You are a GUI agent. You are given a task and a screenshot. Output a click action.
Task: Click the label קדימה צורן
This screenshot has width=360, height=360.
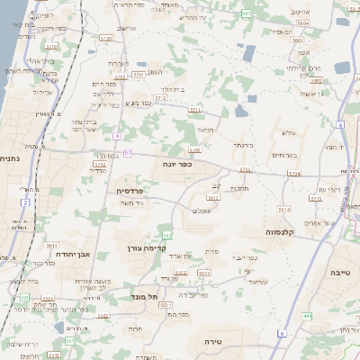148,247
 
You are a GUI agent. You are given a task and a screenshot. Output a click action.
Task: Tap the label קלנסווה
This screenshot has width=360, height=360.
282,231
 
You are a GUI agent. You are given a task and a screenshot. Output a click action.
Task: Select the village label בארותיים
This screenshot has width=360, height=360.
287,155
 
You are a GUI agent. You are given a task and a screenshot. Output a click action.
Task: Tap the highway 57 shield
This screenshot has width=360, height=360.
128,154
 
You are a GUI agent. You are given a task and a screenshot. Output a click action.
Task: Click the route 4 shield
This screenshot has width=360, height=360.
117,135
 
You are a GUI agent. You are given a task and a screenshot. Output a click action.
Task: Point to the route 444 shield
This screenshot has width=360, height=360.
307,316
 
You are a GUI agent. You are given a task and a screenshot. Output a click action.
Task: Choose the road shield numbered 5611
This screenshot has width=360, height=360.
51,244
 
